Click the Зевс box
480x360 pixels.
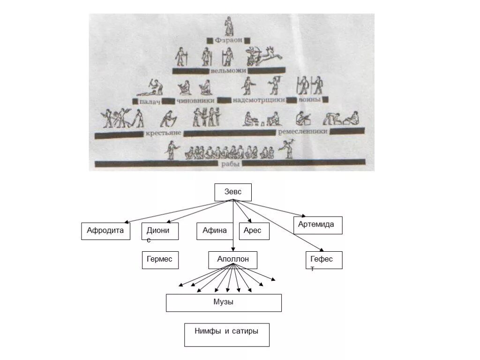[x=233, y=192]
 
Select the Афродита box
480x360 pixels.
[x=105, y=231]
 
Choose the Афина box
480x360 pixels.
[x=215, y=231]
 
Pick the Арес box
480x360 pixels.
[x=254, y=231]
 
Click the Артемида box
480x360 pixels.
[x=318, y=225]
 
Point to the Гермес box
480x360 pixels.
[x=160, y=260]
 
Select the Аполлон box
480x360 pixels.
[x=232, y=260]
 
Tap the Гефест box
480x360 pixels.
[x=323, y=260]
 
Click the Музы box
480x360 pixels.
[x=224, y=302]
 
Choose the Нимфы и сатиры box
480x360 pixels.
[x=226, y=334]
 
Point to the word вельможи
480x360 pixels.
[x=227, y=71]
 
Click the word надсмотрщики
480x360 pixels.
[x=258, y=100]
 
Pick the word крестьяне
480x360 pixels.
[x=163, y=134]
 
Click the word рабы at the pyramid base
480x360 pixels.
[x=230, y=164]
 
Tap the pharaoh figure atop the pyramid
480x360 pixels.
[x=229, y=26]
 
